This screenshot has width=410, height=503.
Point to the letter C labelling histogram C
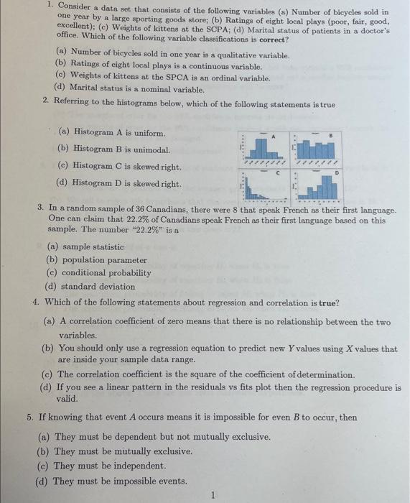tap(275, 172)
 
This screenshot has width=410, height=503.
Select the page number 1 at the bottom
tap(213, 494)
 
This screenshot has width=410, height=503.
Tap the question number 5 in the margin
tap(29, 417)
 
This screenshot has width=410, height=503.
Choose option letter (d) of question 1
tap(60, 88)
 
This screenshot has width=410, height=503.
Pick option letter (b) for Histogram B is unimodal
tap(64, 149)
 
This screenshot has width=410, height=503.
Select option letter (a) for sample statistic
tap(52, 246)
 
